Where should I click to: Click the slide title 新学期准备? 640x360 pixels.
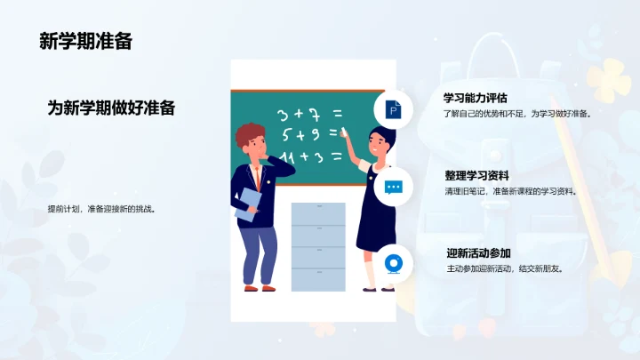click(x=85, y=41)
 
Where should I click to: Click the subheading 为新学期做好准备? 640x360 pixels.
click(x=111, y=108)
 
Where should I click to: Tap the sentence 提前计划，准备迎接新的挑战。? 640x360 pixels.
click(x=102, y=210)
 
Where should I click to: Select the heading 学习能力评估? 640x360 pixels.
click(x=476, y=98)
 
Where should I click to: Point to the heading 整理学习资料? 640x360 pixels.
click(x=476, y=175)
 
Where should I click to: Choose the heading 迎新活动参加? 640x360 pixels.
click(x=478, y=253)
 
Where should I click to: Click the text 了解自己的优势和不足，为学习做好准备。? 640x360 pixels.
click(x=517, y=114)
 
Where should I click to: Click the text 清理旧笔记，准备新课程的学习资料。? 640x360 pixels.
click(x=510, y=191)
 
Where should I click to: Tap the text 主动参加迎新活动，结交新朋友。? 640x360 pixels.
click(x=504, y=268)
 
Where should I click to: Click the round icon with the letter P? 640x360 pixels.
click(x=392, y=109)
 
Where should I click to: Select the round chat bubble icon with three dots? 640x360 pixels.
click(x=392, y=188)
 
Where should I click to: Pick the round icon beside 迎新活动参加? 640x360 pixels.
click(x=392, y=264)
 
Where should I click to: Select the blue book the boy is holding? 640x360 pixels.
click(x=248, y=204)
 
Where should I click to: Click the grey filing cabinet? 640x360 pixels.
click(x=317, y=246)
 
